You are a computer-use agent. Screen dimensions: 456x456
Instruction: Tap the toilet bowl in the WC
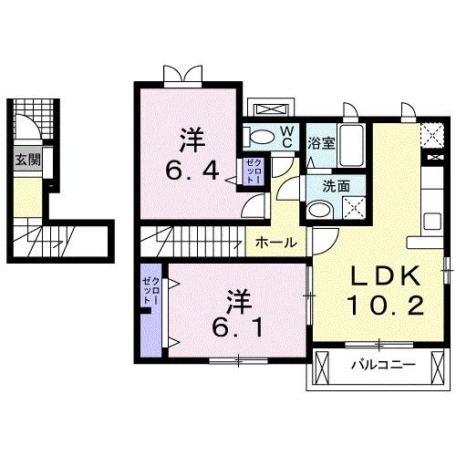pos(262,138)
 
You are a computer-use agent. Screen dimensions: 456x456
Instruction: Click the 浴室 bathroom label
pos(320,142)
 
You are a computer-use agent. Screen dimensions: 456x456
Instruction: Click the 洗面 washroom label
pos(320,185)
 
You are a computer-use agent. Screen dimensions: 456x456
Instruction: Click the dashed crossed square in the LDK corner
pos(431,137)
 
